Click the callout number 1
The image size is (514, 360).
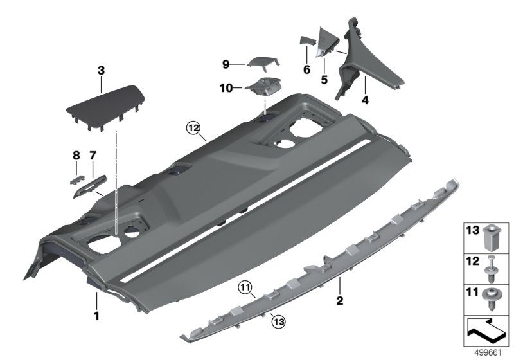96,315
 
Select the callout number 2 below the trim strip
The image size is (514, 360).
340,300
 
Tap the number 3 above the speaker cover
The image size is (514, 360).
101,69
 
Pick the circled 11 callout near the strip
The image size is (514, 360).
245,287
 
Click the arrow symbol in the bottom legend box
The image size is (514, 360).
486,332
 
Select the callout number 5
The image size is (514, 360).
324,80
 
